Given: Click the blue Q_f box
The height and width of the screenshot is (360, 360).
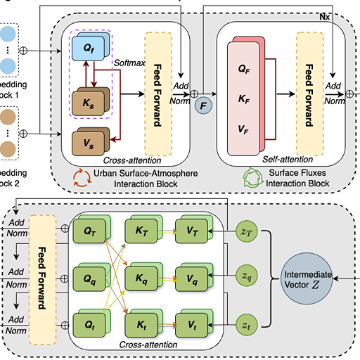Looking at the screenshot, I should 87,51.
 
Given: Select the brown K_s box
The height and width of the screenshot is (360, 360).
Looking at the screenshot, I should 87,103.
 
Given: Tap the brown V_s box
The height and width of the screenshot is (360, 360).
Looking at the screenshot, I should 87,144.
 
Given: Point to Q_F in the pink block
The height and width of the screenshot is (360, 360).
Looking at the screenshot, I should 243,70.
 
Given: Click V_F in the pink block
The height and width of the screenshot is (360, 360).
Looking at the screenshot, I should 243,130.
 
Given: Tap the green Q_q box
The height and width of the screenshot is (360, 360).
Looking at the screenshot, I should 89,278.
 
